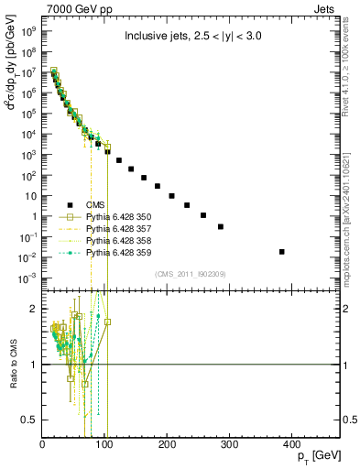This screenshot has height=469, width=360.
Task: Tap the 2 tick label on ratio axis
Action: (35, 309)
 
